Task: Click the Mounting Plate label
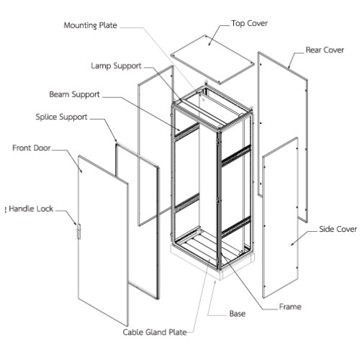90,25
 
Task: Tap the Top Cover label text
249,23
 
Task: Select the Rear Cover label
325,50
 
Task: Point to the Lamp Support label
116,66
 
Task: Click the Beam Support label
74,94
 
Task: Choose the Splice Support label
61,117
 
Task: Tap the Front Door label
32,148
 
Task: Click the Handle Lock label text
31,209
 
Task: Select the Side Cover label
338,229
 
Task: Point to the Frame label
290,307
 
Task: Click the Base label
238,314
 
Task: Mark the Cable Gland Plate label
155,332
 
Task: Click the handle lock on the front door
78,231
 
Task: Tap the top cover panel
212,60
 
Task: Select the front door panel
104,240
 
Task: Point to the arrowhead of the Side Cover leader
292,244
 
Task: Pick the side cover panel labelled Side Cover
281,217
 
